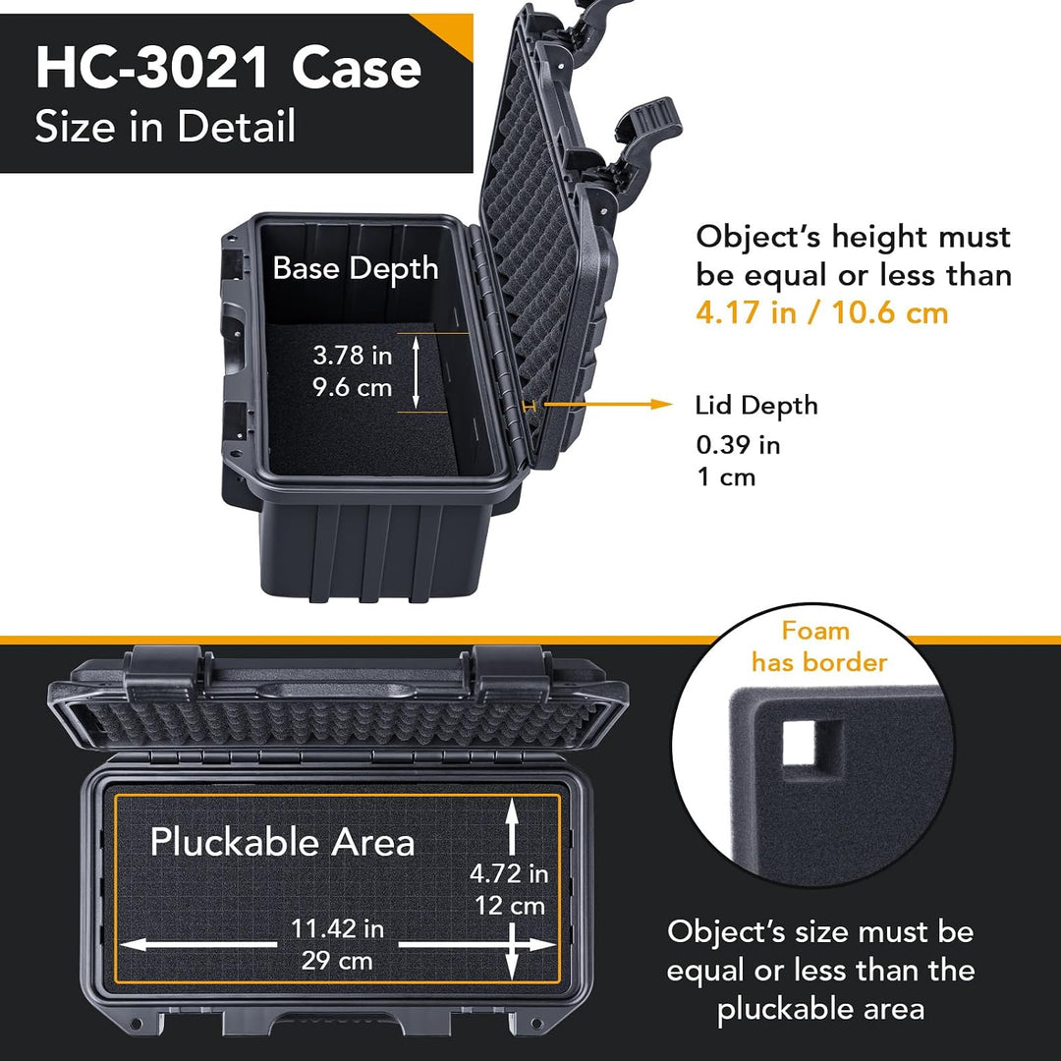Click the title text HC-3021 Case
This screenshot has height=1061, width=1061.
pos(229,69)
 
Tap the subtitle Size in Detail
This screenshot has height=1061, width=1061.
pos(165,126)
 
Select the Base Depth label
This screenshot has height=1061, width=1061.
pos(356,268)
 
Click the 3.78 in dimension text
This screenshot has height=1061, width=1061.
pos(352,356)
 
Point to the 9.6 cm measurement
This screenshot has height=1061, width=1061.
pos(352,388)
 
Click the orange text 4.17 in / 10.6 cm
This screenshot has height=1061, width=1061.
pos(822,312)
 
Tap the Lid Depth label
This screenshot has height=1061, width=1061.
pos(756,406)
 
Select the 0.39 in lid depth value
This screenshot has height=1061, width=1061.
pos(738,445)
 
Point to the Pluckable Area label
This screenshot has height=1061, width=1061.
pos(282,843)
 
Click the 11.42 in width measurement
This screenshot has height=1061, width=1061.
pos(337,928)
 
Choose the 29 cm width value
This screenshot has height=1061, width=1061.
pos(337,960)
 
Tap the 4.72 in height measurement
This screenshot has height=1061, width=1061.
pos(509,873)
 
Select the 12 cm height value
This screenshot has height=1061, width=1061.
pos(509,906)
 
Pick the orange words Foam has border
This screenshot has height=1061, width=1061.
pos(817,646)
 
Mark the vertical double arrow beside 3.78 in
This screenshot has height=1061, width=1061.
pos(417,371)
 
